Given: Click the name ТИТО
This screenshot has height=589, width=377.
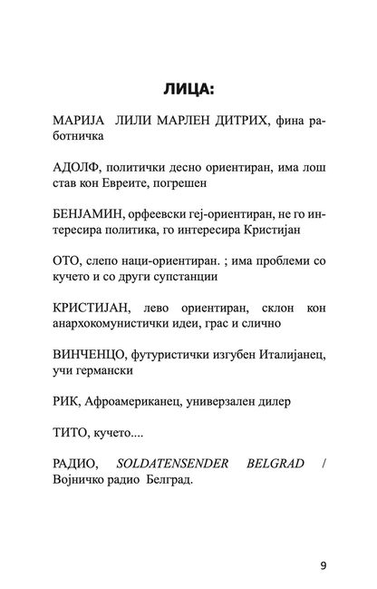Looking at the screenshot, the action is pos(72,438).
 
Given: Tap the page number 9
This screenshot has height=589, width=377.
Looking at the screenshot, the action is pos(324,542).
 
